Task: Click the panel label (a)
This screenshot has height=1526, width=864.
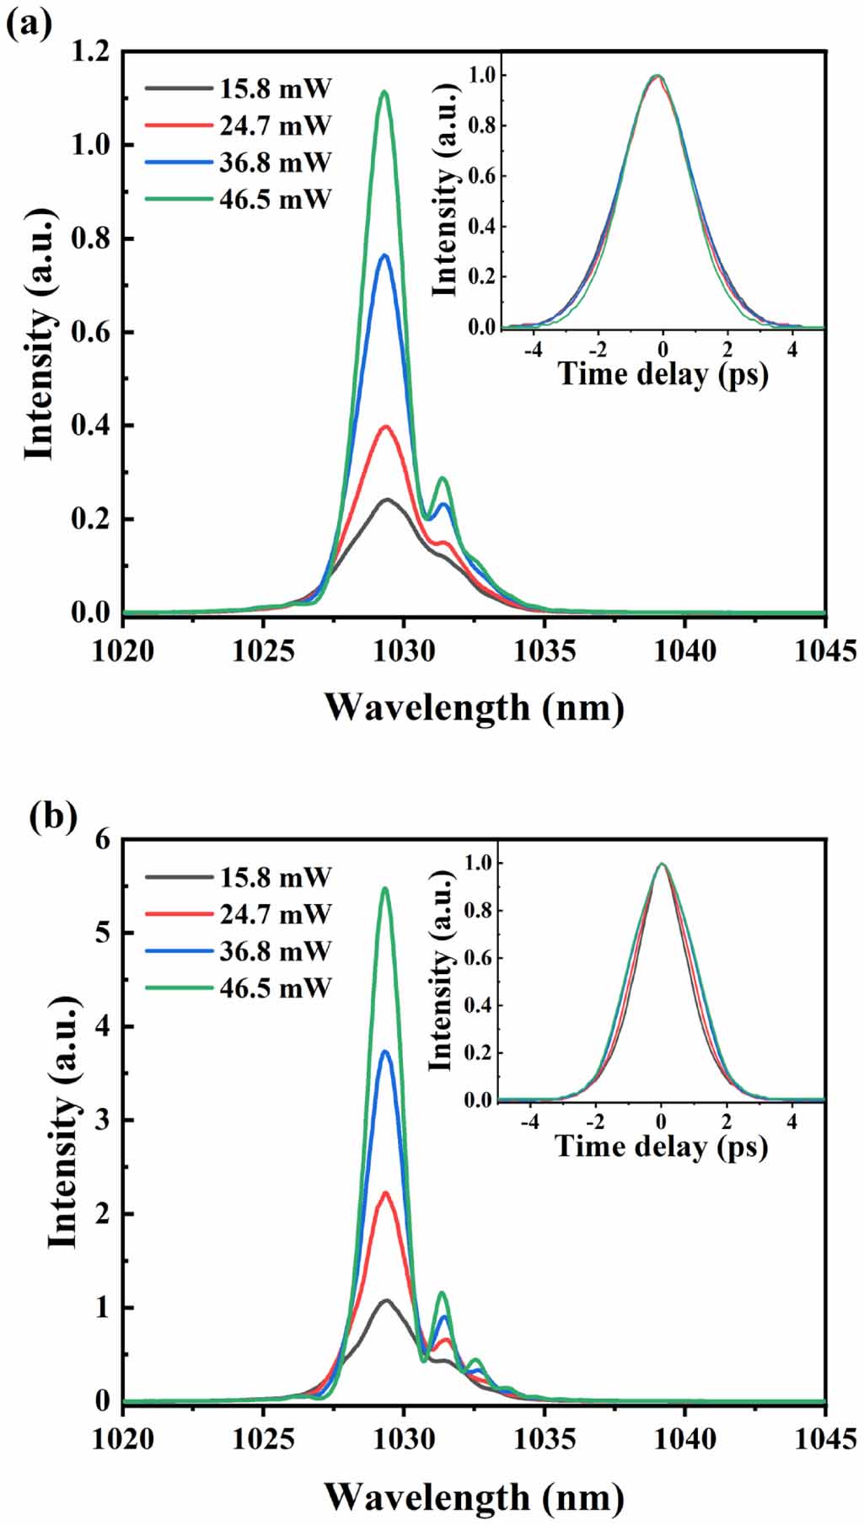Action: tap(29, 24)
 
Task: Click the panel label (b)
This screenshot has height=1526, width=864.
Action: tap(52, 817)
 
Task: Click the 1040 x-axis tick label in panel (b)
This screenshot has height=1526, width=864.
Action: tap(684, 1438)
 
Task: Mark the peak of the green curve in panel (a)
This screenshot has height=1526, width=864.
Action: tap(385, 92)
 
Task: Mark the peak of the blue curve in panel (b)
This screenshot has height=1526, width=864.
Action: tap(386, 1051)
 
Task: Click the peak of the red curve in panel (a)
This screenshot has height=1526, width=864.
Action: tap(387, 426)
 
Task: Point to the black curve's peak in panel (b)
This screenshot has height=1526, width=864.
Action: tap(387, 1300)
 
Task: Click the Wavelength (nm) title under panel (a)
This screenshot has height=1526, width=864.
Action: tap(475, 706)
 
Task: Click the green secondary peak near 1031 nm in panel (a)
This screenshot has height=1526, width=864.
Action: tap(442, 479)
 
